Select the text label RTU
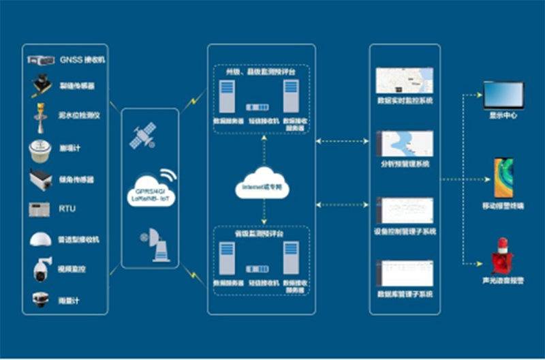coord(67,209)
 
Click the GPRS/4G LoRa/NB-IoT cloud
coord(151,193)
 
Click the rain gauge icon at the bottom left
coord(41,299)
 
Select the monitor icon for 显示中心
coord(503,94)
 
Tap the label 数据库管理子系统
coord(405,294)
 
